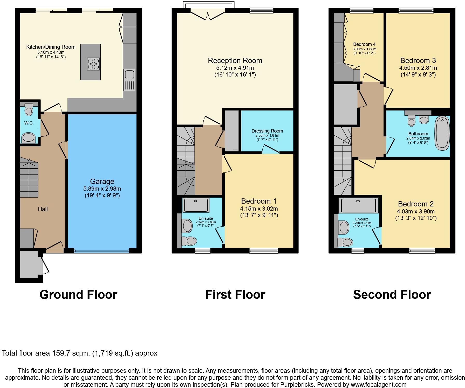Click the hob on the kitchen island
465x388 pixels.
click(93, 64)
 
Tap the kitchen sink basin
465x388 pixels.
click(129, 74)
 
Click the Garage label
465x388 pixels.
click(102, 182)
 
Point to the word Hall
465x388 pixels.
click(43, 209)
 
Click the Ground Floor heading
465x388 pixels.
click(78, 295)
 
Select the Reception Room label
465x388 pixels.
click(235, 61)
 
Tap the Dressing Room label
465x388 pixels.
click(267, 131)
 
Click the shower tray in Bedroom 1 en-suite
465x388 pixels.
click(196, 205)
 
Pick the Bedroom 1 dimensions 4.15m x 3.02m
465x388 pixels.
click(259, 209)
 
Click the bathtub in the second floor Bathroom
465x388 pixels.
click(442, 133)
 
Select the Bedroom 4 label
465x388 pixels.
click(364, 44)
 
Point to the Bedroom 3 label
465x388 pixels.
click(418, 61)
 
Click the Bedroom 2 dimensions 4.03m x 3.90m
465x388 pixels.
click(416, 211)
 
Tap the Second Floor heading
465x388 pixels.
click(392, 295)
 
